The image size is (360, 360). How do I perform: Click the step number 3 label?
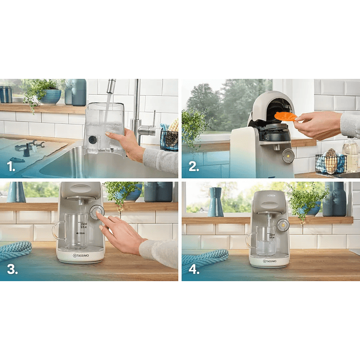tap(11, 270)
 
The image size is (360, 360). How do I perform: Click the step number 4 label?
tap(194, 270)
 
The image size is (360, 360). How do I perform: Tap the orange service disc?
tap(285, 117)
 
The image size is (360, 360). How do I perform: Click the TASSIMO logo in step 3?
tap(79, 255)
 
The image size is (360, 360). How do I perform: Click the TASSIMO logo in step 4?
tap(269, 262)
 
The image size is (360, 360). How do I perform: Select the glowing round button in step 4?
tap(283, 225)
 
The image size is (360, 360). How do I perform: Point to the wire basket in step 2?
tap(330, 163)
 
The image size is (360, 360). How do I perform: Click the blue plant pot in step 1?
tap(50, 96)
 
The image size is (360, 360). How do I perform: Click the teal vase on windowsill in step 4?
tap(216, 202)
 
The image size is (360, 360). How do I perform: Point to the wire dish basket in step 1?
tap(169, 139)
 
